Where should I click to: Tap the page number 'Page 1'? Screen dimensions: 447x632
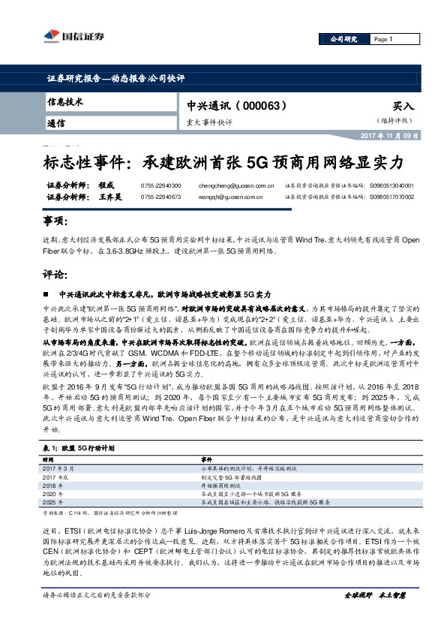[x=382, y=39]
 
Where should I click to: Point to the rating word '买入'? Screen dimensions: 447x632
[x=403, y=107]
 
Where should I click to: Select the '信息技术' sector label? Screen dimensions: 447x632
[x=64, y=102]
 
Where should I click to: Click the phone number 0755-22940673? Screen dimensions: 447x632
[x=160, y=197]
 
